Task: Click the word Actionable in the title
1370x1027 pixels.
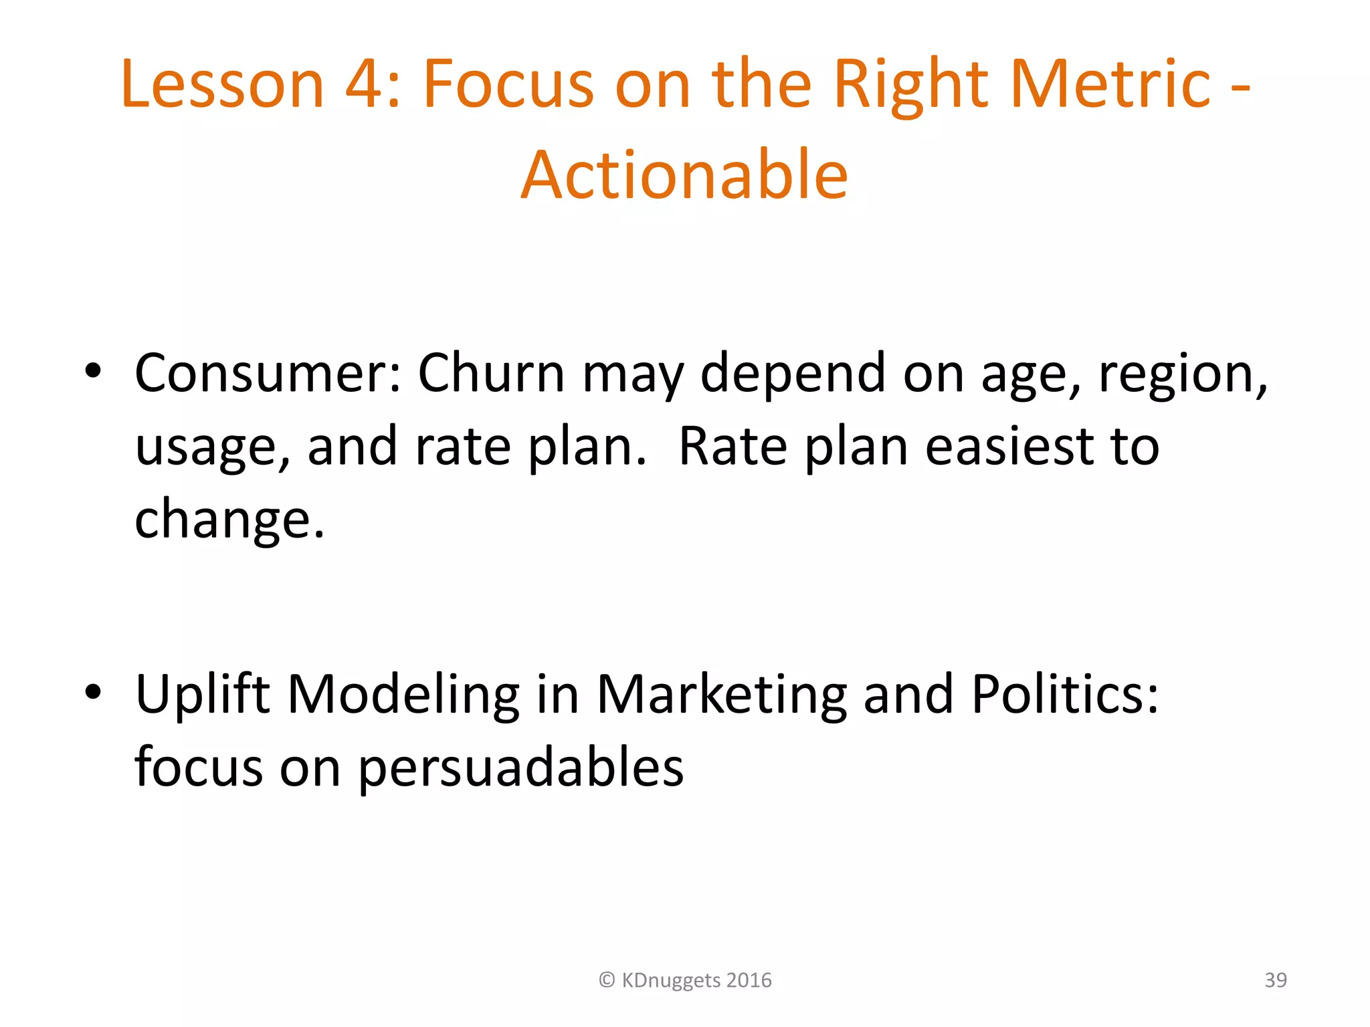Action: tap(684, 175)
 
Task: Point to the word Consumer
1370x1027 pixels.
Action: tap(268, 372)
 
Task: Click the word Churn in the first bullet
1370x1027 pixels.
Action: tap(491, 372)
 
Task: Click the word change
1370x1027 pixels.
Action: tap(229, 520)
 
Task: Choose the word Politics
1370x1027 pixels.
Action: tap(1064, 693)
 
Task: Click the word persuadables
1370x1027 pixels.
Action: tap(520, 768)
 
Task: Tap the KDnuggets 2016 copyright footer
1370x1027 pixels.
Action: tap(685, 980)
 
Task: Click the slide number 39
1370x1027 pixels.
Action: tap(1275, 980)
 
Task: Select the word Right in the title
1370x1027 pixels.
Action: tap(911, 86)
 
